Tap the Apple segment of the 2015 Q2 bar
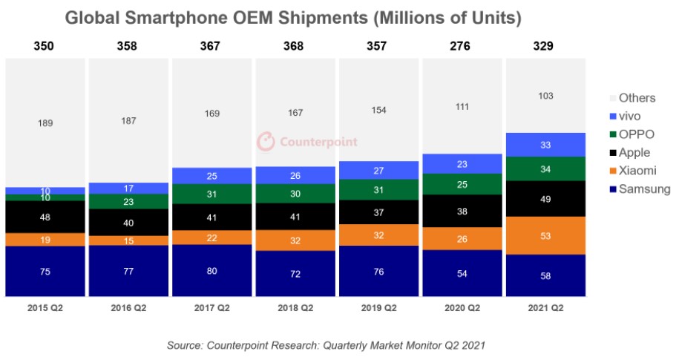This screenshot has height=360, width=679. pos(45,217)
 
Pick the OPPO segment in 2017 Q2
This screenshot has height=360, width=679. pos(211,194)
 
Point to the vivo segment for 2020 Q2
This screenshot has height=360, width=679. pos(462,164)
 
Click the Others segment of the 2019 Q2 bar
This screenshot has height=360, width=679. pos(378,109)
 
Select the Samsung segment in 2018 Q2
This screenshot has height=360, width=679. pos(295,274)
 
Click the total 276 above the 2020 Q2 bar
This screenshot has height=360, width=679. pos(462,46)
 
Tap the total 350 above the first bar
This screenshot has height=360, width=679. pos(45,46)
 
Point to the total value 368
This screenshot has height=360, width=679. pos(295,46)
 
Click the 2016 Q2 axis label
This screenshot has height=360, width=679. pos(128,308)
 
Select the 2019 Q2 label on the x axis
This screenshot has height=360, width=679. pos(378,308)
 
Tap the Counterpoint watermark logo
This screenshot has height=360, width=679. pos(307,141)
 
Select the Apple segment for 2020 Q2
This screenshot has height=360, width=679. pos(462,211)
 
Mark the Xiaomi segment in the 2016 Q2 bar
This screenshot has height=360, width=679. pos(128,240)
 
